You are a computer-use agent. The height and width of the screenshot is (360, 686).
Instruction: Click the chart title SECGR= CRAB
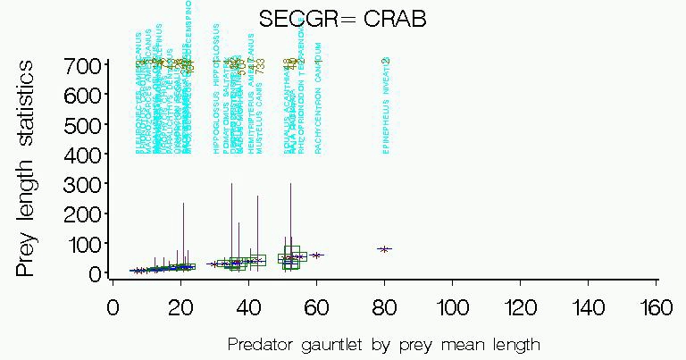[x=342, y=19]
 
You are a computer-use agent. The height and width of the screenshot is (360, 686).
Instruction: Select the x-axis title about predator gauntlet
[x=384, y=344]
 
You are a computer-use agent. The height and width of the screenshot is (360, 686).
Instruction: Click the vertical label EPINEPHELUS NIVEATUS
[x=386, y=107]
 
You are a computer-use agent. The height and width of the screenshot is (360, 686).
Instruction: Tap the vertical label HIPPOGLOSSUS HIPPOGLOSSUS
[x=215, y=89]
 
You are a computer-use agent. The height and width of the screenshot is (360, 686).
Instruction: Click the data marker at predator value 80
[x=384, y=249]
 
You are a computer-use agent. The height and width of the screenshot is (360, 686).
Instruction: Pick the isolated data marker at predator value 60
[x=316, y=255]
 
